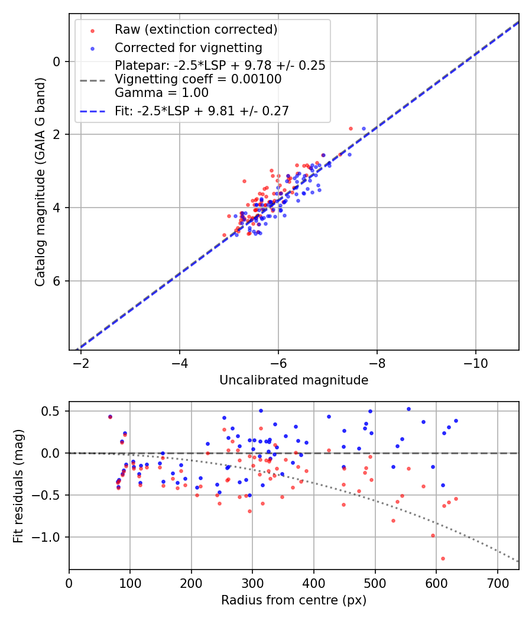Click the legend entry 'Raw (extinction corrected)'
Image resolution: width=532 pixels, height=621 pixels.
pos(196,30)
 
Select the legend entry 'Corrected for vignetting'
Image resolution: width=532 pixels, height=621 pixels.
pos(188,47)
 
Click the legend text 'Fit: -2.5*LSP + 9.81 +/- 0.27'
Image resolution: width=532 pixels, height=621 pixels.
pos(202,111)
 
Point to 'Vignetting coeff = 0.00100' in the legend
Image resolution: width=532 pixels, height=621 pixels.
pos(198,79)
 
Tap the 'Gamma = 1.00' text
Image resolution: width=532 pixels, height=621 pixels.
pos(161,93)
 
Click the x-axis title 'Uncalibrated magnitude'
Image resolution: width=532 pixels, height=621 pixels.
pos(294,380)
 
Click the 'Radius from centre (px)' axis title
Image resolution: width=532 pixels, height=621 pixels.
pos(294,600)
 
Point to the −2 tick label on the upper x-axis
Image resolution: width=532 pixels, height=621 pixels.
pos(81,363)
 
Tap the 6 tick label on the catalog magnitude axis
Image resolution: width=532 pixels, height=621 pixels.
pos(57,281)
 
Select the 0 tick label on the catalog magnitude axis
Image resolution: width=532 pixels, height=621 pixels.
pos(57,62)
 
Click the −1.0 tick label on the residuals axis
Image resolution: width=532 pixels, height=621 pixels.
pos(50,538)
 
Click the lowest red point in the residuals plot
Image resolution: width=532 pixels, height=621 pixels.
pos(443,558)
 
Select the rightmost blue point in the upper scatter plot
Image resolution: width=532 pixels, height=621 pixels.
pos(364,128)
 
